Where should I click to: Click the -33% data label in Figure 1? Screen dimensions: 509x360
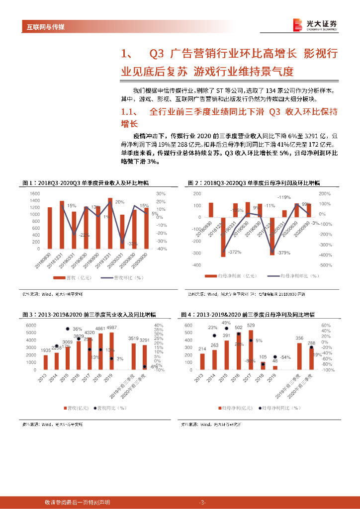click(x=132, y=244)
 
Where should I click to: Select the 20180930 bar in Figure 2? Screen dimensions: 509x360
click(x=211, y=210)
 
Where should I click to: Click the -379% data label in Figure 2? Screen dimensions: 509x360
click(x=283, y=253)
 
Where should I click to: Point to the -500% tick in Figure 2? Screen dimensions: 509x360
click(x=325, y=265)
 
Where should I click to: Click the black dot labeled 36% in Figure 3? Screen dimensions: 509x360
click(x=68, y=329)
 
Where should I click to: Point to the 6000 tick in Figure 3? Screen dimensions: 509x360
click(x=30, y=325)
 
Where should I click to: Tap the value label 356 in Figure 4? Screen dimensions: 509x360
click(x=299, y=339)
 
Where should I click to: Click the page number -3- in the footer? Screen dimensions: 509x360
click(x=202, y=503)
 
